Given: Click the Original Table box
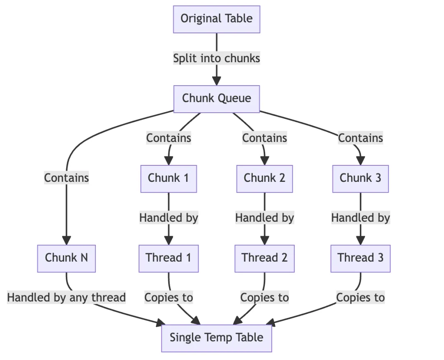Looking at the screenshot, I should click(x=216, y=19).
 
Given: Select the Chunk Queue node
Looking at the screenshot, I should click(x=216, y=99).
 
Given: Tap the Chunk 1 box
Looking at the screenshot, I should click(x=169, y=178).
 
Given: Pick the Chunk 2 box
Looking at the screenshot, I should click(x=264, y=178).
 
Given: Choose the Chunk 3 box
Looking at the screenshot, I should click(x=360, y=178).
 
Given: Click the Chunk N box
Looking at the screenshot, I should click(x=66, y=258).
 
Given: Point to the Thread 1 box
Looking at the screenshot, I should click(x=169, y=258).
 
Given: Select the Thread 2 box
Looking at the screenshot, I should click(x=264, y=258).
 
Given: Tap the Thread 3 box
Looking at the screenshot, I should click(x=360, y=258).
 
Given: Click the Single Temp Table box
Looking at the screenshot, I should click(x=216, y=338).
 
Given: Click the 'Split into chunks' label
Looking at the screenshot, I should click(x=216, y=58).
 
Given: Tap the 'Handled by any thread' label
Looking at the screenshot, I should click(x=66, y=297).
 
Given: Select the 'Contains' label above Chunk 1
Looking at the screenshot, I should click(x=169, y=138).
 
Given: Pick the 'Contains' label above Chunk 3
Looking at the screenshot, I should click(x=360, y=138).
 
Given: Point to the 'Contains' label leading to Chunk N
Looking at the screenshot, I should click(x=66, y=178).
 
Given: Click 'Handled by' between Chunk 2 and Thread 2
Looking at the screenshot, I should click(x=264, y=218).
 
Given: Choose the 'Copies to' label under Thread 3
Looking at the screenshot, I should click(x=360, y=297).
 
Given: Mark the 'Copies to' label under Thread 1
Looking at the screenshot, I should click(x=169, y=297).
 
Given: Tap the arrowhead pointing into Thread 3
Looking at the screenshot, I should click(x=360, y=240).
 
